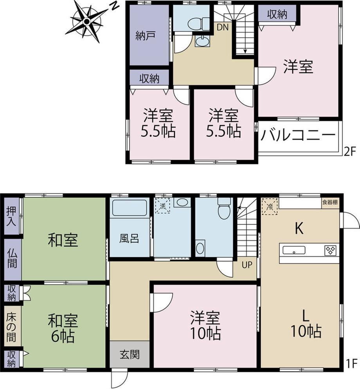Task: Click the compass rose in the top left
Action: (x=87, y=22)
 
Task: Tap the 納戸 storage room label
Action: (x=146, y=36)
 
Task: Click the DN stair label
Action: (x=223, y=27)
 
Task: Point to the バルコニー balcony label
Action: (x=298, y=135)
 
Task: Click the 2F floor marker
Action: (x=350, y=151)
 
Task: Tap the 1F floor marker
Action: (x=352, y=364)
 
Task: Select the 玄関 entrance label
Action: (x=130, y=355)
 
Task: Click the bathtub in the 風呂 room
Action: (x=129, y=208)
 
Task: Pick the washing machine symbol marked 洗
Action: (x=162, y=206)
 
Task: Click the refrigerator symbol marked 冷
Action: (x=270, y=206)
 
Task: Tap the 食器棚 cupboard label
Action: (x=330, y=202)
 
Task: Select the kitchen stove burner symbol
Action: (x=330, y=250)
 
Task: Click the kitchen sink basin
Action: (x=294, y=250)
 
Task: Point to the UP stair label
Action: (x=247, y=265)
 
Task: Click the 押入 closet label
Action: (x=11, y=216)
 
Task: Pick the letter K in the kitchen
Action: (x=299, y=229)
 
